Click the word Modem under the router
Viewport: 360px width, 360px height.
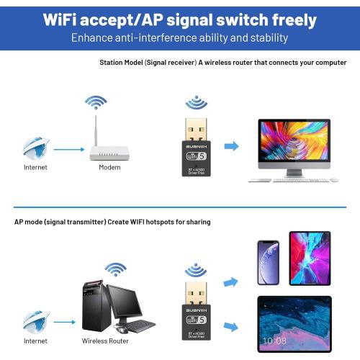click(109, 168)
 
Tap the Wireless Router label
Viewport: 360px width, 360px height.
click(106, 340)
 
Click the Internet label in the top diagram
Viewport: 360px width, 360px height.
click(35, 168)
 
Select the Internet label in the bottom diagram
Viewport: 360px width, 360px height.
click(35, 340)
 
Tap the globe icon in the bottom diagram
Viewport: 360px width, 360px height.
click(35, 322)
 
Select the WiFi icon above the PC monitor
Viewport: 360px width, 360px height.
click(115, 269)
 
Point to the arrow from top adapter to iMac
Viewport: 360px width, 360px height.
click(231, 146)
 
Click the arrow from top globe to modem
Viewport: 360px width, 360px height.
click(68, 150)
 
